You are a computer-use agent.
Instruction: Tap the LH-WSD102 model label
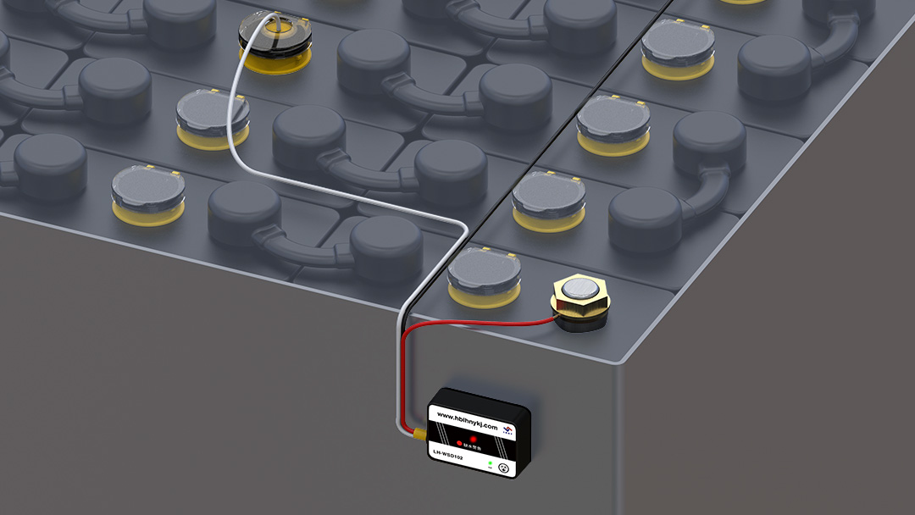coord(448,456)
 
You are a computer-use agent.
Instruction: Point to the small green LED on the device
coord(490,463)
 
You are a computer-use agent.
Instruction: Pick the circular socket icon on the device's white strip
coord(502,468)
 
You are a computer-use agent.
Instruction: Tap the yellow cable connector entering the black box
coord(419,435)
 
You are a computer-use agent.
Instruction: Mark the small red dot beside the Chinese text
coord(458,442)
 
